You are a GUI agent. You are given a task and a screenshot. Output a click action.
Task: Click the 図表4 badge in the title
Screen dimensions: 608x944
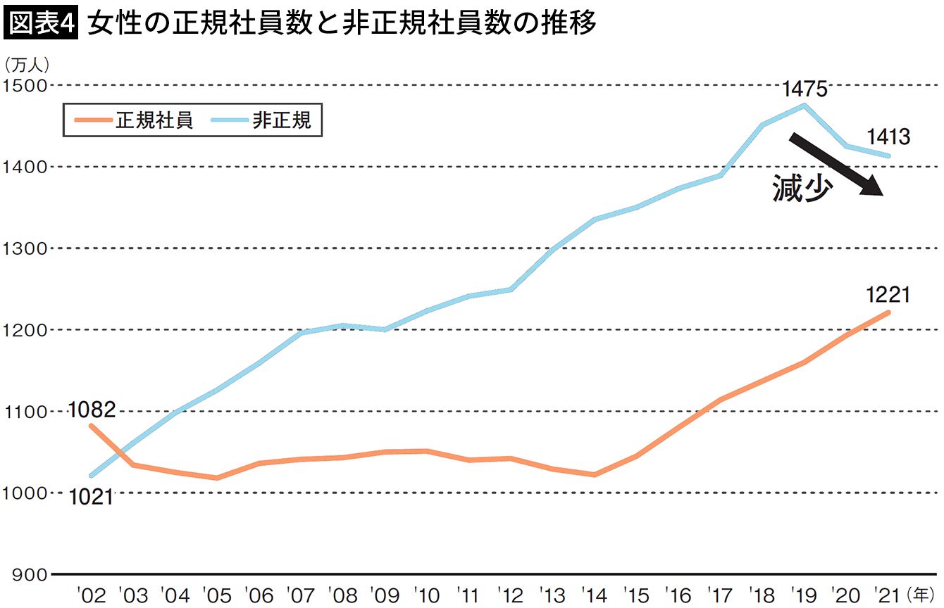coord(40,25)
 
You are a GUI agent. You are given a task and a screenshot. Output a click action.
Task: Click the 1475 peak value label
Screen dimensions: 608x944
coord(805,89)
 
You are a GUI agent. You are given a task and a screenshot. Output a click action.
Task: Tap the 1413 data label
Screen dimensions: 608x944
coord(889,137)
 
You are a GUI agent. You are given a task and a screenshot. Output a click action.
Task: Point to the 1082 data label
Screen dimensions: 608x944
coord(92,410)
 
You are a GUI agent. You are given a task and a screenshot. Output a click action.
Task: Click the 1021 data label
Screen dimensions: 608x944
coord(92,497)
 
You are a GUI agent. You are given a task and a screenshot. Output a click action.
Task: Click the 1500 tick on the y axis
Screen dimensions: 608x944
coord(23,86)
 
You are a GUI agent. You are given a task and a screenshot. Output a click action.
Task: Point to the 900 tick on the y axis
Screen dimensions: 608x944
coord(28,575)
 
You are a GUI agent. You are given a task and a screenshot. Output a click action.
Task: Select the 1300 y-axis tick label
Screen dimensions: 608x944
coord(23,249)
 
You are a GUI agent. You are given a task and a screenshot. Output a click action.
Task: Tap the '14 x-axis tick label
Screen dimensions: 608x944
coord(596,595)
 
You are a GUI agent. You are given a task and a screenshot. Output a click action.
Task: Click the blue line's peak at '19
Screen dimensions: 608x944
coord(805,106)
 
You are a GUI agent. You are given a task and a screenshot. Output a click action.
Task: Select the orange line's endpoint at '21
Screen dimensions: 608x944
coord(889,312)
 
